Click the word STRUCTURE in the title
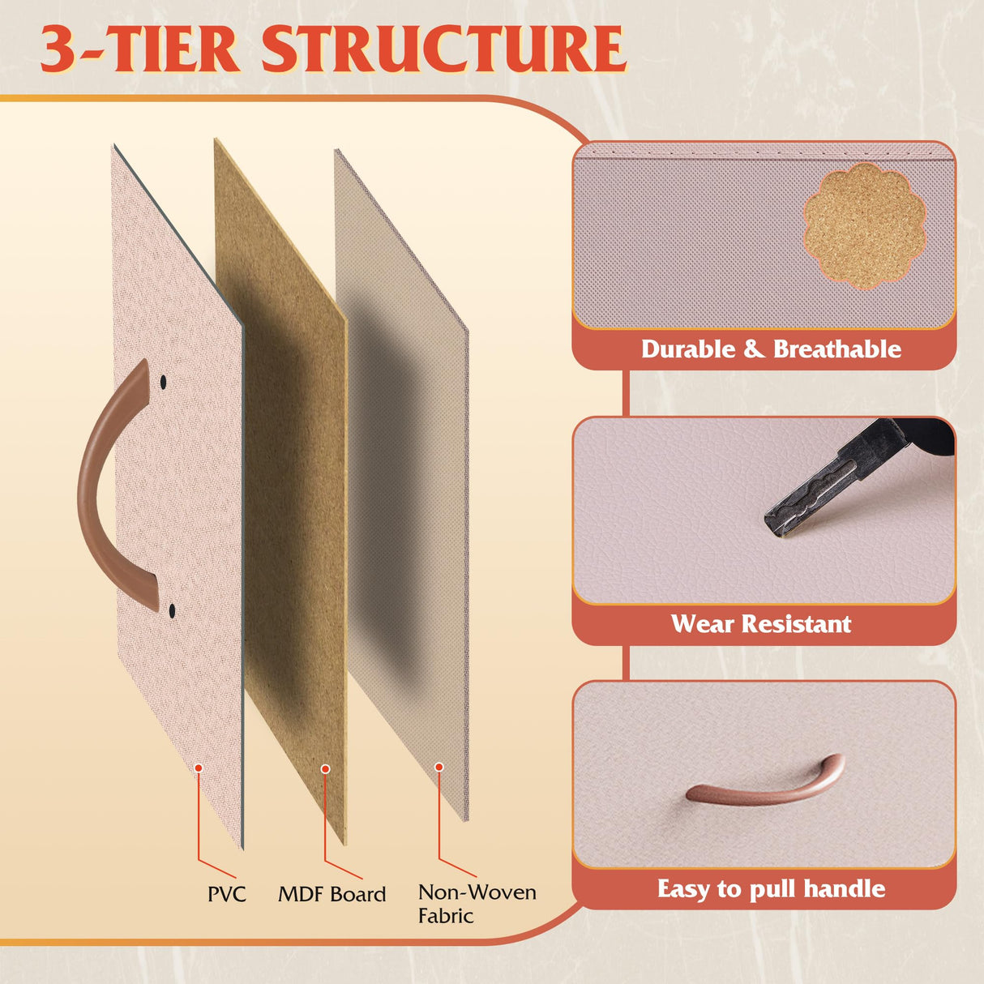click(x=443, y=49)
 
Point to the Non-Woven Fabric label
click(x=477, y=904)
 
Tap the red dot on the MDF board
click(x=325, y=769)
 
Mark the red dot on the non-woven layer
click(x=439, y=767)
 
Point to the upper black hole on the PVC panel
click(x=164, y=381)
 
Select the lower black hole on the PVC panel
click(x=172, y=609)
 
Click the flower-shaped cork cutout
click(x=865, y=226)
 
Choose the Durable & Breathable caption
click(x=771, y=349)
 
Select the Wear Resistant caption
click(x=761, y=624)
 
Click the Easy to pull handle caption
click(x=771, y=889)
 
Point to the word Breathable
click(x=837, y=349)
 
